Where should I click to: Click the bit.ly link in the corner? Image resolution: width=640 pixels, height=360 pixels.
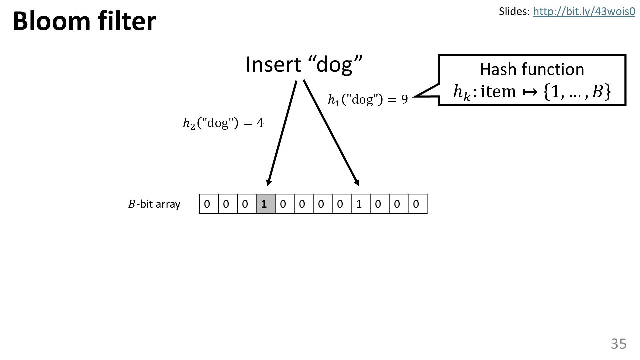pyautogui.click(x=584, y=12)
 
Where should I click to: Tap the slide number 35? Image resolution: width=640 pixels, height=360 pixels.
pyautogui.click(x=619, y=344)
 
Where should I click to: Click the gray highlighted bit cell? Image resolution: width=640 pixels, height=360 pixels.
pyautogui.click(x=265, y=204)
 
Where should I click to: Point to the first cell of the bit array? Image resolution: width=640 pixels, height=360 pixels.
pyautogui.click(x=208, y=204)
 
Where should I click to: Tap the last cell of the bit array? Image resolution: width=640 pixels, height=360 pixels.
pyautogui.click(x=417, y=204)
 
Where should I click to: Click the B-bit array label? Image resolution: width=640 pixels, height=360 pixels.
pyautogui.click(x=154, y=204)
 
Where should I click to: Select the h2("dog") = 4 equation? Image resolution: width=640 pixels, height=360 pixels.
pyautogui.click(x=223, y=123)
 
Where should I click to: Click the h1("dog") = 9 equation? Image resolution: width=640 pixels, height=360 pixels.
pyautogui.click(x=368, y=99)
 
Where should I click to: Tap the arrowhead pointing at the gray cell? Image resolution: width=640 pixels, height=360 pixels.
pyautogui.click(x=268, y=182)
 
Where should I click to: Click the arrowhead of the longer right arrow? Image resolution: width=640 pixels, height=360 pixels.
pyautogui.click(x=357, y=182)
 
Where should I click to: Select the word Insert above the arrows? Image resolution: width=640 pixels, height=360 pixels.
pyautogui.click(x=273, y=64)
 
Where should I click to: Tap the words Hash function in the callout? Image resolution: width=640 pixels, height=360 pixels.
pyautogui.click(x=532, y=70)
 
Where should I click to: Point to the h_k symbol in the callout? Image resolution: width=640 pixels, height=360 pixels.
pyautogui.click(x=462, y=92)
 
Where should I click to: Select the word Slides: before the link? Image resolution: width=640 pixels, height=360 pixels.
pyautogui.click(x=514, y=12)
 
